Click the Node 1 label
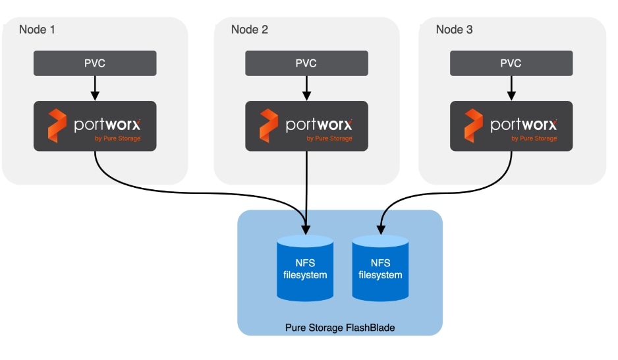[x=37, y=30]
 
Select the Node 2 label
[x=249, y=30]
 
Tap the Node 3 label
[x=454, y=30]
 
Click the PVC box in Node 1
[x=95, y=63]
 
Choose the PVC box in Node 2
[x=306, y=63]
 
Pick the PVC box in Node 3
[x=511, y=63]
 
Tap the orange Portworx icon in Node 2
[x=269, y=126]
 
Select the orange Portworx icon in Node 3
[x=474, y=126]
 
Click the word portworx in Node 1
[x=107, y=124]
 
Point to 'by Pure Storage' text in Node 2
[x=329, y=138]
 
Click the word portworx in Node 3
[x=524, y=124]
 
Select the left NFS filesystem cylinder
[x=305, y=269]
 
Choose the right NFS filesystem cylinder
[x=380, y=269]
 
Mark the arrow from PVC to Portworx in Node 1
[x=95, y=88]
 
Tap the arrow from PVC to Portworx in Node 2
[x=306, y=88]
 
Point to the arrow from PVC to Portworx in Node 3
[x=511, y=88]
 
